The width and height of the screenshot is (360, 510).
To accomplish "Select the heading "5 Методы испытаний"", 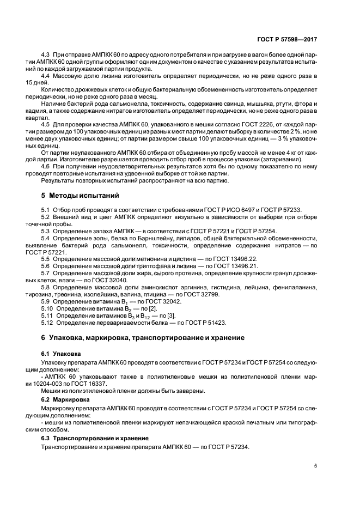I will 78,195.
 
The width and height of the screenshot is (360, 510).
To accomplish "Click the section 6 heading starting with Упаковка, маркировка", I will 143,338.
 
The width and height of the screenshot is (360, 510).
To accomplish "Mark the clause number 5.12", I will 47,322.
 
